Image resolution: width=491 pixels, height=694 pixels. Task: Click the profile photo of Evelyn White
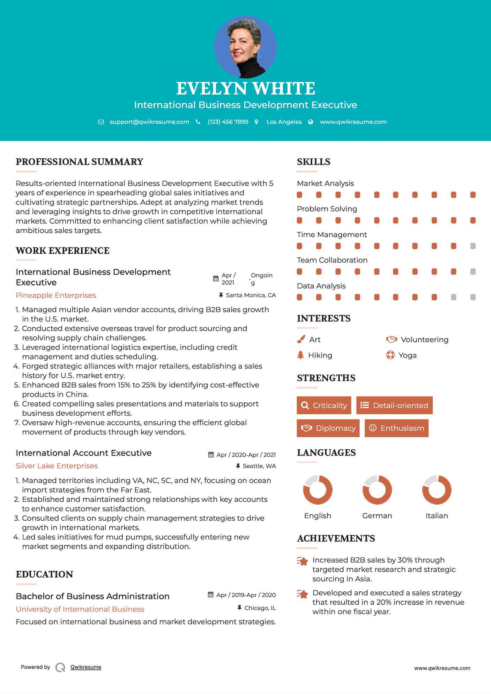[245, 47]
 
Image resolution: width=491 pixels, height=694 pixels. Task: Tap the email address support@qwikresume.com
[149, 122]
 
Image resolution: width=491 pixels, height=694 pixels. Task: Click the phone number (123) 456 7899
[228, 122]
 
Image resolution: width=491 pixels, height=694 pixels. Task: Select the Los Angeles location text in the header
[284, 122]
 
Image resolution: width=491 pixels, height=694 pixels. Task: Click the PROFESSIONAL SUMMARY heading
[80, 162]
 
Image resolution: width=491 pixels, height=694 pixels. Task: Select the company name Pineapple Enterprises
[56, 295]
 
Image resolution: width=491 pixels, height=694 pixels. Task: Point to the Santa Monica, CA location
[251, 295]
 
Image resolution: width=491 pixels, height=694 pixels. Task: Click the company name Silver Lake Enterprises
[57, 466]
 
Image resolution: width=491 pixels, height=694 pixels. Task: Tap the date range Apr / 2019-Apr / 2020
[246, 595]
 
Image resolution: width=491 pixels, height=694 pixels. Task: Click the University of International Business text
[80, 609]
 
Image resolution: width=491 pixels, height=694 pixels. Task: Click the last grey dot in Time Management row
[473, 246]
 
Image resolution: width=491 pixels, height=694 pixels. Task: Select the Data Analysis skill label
[321, 286]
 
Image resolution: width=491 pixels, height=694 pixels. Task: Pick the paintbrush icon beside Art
[301, 339]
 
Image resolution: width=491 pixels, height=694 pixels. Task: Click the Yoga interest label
[407, 355]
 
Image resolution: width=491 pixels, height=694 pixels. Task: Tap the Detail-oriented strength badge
[394, 405]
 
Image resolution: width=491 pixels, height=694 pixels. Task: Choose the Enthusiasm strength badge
[396, 428]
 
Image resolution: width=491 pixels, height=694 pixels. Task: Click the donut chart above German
[377, 490]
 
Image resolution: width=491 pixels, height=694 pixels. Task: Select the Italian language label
[437, 516]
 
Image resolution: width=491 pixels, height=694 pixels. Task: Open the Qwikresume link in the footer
[86, 667]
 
